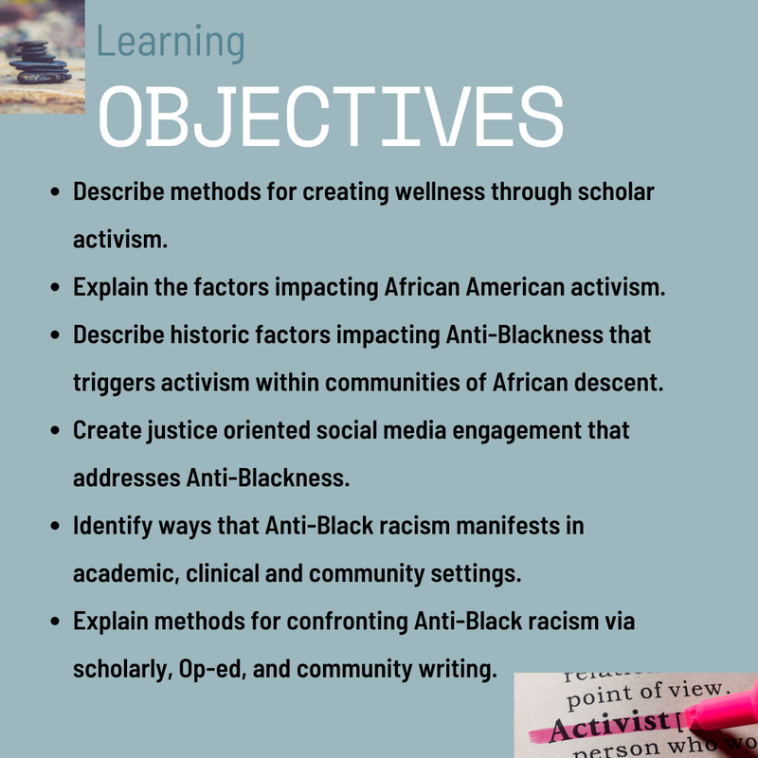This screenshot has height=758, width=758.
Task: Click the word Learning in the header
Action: (x=171, y=43)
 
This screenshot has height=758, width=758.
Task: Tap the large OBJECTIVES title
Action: (x=331, y=117)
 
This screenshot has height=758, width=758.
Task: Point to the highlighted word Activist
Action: (x=609, y=726)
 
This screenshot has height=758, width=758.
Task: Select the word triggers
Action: (x=114, y=384)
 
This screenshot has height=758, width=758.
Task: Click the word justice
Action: (x=182, y=431)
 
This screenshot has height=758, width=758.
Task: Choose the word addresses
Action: (x=127, y=478)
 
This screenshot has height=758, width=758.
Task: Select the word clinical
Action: (x=223, y=574)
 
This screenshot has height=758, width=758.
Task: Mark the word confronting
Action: (x=347, y=622)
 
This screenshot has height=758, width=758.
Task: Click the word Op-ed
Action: (x=212, y=670)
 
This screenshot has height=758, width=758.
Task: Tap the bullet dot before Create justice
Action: (x=55, y=430)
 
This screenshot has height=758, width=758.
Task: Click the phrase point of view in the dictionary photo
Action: (x=646, y=695)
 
